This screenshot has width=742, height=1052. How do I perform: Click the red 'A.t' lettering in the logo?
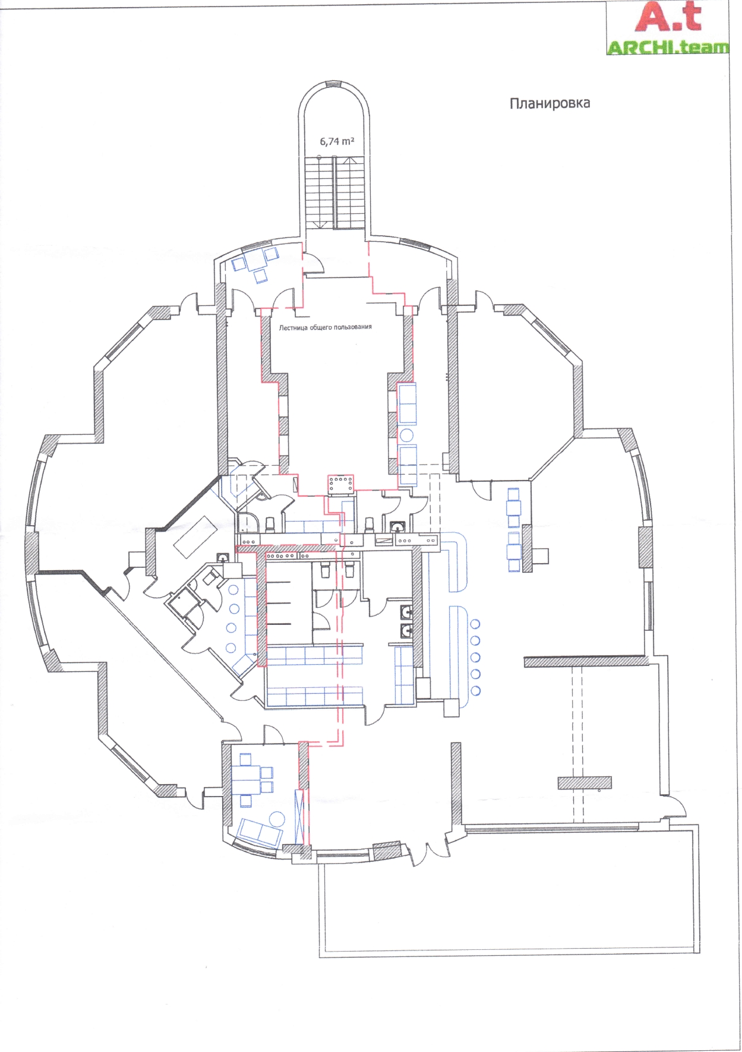(668, 17)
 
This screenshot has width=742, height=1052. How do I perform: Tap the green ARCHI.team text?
(668, 48)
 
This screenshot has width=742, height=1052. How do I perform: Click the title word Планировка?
(550, 103)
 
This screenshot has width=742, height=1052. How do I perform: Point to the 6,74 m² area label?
(337, 141)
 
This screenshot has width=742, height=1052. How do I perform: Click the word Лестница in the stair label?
(293, 327)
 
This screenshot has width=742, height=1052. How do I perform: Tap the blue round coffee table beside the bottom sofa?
(277, 819)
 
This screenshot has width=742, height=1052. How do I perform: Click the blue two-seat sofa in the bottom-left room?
(260, 832)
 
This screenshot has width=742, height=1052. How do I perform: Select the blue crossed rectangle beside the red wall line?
(299, 816)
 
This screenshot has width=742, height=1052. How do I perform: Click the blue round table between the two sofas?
(407, 435)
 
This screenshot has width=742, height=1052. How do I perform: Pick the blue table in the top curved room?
(257, 259)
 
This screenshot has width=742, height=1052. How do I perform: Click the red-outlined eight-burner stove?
(340, 484)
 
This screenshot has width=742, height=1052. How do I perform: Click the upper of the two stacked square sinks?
(406, 611)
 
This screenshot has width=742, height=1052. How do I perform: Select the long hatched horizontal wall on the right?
(586, 661)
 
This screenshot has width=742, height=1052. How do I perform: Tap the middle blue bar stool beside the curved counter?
(475, 657)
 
